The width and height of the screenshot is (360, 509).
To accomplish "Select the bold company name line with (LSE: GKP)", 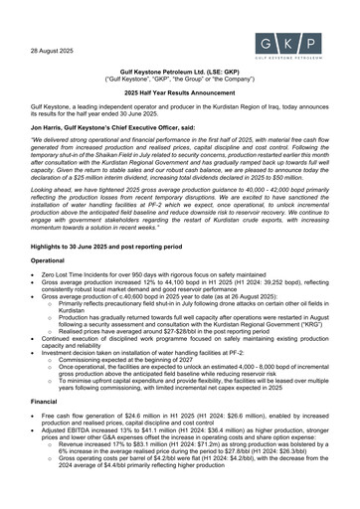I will pos(179,74).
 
